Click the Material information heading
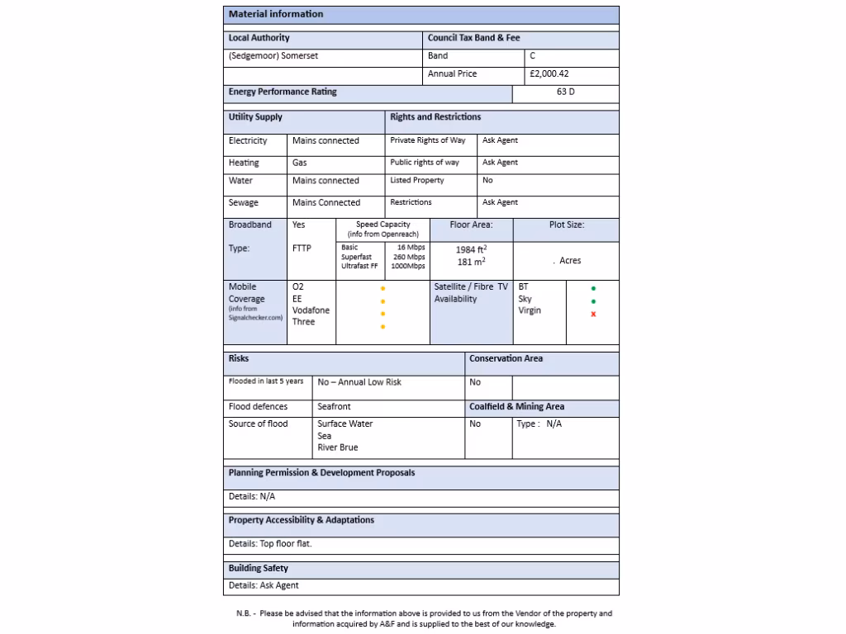[x=276, y=14]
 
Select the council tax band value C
[x=533, y=56]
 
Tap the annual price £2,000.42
[x=549, y=74]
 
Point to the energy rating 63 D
[x=565, y=92]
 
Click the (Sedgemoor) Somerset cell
[x=273, y=56]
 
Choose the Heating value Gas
[x=300, y=163]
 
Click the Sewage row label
[x=244, y=203]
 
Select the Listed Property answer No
[x=487, y=181]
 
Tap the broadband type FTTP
[x=302, y=248]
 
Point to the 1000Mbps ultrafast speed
[x=409, y=267]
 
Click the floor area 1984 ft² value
[x=471, y=249]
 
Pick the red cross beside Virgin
[x=593, y=315]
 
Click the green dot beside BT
[x=593, y=289]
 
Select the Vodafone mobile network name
[x=311, y=310]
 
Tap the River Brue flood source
[x=338, y=447]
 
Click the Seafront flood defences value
[x=334, y=407]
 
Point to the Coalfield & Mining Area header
[x=516, y=407]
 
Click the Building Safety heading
[x=259, y=569]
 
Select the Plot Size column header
[x=566, y=225]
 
